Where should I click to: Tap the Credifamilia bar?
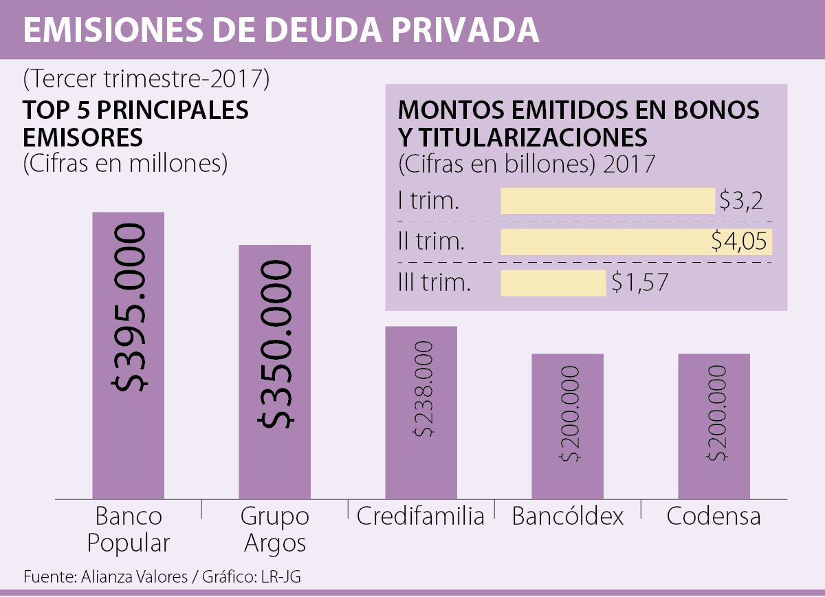pos(421,468)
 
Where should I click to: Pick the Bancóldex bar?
pos(567,475)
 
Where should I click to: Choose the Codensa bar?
pos(714,475)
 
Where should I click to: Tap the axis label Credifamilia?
pos(421,516)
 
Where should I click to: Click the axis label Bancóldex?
pos(568,516)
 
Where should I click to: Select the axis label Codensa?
pos(714,516)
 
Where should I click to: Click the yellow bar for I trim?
pos(608,201)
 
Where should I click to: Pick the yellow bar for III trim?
pos(553,283)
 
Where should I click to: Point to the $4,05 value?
pos(738,241)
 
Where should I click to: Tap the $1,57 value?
pos(639,283)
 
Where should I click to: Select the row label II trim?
pos(431,242)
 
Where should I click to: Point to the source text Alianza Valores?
pos(129,576)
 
